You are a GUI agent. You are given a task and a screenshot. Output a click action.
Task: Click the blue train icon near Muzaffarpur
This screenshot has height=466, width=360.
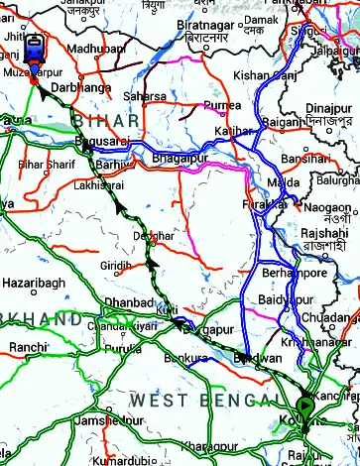(x=33, y=50)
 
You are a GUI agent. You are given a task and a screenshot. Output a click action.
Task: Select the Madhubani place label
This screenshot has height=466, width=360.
(x=97, y=48)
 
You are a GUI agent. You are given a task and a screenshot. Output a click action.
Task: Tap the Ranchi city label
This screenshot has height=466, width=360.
(x=27, y=347)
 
